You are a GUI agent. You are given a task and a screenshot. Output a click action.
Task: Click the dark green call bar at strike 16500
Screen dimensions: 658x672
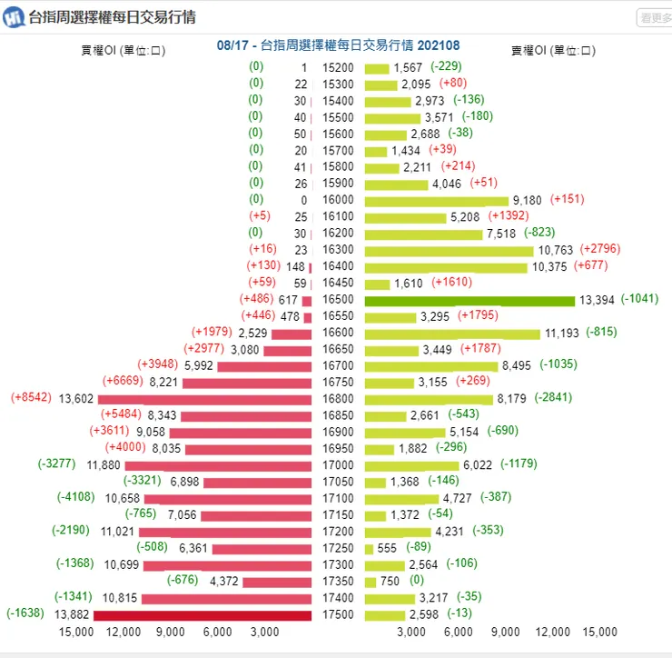tap(469, 300)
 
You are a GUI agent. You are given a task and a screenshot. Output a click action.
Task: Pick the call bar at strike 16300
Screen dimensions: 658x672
tap(449, 250)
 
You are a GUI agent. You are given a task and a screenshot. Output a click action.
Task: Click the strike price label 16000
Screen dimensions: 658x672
tap(337, 200)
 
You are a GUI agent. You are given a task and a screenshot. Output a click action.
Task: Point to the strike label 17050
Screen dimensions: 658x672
tap(337, 482)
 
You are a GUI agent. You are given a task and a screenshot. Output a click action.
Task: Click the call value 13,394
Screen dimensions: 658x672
tap(597, 300)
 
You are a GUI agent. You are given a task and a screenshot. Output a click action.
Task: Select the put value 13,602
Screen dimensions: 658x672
tap(75, 399)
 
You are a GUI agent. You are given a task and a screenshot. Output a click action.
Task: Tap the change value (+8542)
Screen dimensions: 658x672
tap(32, 398)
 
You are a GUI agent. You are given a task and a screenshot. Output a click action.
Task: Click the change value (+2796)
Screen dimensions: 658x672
tap(600, 249)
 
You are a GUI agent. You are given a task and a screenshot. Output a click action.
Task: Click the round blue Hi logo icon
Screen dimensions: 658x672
tap(15, 17)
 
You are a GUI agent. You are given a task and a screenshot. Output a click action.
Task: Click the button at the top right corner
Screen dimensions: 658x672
tap(654, 17)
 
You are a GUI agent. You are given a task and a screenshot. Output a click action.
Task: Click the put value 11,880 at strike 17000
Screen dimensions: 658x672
tap(104, 465)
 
